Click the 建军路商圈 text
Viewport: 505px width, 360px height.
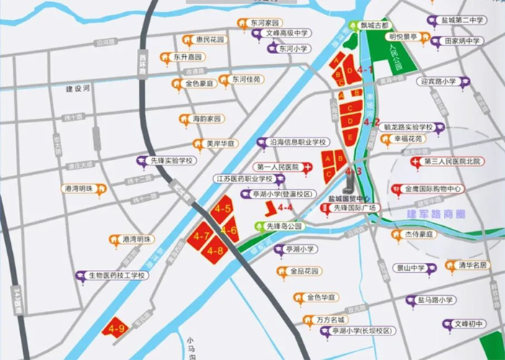pos(436,214)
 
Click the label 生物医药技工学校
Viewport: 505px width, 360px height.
pos(117,275)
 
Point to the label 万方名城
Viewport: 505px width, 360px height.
pos(331,319)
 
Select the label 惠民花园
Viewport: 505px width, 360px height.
pos(210,40)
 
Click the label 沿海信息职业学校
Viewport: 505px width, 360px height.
pos(298,142)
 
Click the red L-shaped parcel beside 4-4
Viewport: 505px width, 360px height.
pos(269,209)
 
